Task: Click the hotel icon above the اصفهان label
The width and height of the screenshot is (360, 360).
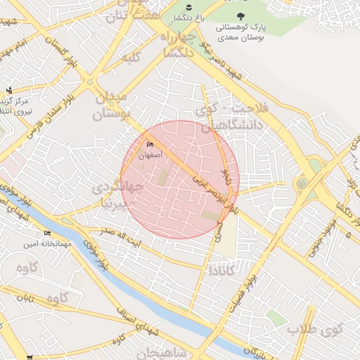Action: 149,145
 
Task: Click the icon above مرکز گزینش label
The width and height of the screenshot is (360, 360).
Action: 10,89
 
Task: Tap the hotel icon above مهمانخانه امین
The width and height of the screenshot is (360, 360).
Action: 47,233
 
